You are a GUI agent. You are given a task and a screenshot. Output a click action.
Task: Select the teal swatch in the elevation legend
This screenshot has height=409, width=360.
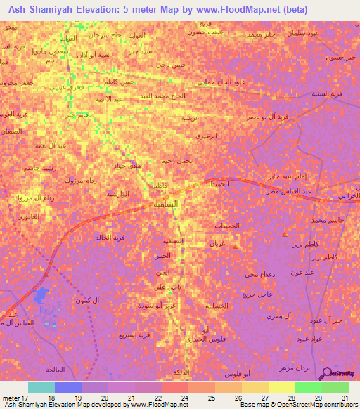[41, 387]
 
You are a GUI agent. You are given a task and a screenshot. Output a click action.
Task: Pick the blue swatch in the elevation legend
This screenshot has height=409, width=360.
[68, 387]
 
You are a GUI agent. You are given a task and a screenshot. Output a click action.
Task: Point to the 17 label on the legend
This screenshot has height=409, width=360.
[41, 397]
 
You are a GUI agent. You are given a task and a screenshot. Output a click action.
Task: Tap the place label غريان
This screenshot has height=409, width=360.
[218, 243]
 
